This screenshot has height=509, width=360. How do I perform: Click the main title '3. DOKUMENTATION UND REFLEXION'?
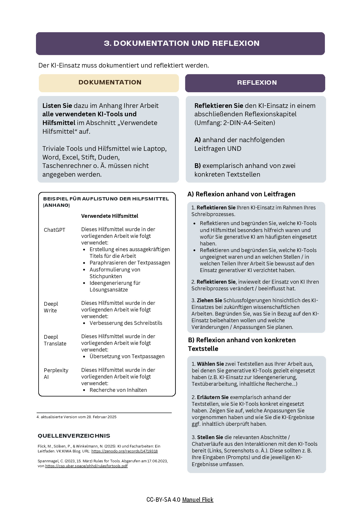tap(182, 44)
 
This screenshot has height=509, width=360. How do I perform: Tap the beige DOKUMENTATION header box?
tap(110, 83)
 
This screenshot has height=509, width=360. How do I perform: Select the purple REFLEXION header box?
tap(257, 83)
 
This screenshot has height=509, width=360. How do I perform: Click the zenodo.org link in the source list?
tap(124, 451)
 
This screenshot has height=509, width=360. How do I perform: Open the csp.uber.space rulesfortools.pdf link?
tap(86, 466)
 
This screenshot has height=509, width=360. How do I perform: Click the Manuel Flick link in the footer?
tap(198, 500)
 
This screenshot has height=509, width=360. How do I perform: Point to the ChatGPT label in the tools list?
tap(55, 230)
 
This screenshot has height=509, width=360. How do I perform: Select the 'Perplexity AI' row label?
tap(56, 374)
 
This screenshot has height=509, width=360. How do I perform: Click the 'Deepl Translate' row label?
tap(55, 340)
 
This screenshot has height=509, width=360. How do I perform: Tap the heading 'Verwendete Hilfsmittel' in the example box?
tap(110, 216)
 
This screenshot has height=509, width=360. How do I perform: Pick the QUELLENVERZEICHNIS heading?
tap(74, 436)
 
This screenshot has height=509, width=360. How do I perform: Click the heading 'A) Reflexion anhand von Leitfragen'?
tap(241, 194)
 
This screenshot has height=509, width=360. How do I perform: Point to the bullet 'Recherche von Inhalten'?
tap(118, 390)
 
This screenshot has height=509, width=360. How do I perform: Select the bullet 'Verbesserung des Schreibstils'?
tap(126, 323)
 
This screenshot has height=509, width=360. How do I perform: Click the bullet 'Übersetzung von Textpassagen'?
tap(127, 356)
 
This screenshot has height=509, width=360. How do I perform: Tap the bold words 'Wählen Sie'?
tap(210, 364)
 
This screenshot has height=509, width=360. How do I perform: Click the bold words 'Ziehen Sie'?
tap(209, 300)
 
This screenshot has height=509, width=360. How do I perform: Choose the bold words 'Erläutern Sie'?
tap(213, 397)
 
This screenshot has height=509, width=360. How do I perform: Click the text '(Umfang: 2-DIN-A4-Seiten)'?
tap(235, 123)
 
